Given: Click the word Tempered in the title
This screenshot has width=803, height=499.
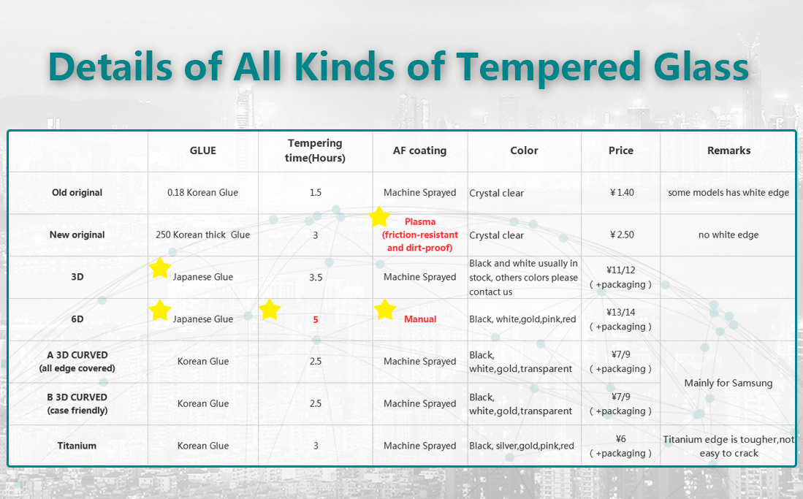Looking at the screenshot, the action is coord(548,67).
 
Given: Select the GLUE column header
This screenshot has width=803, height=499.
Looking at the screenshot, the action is coord(203,151).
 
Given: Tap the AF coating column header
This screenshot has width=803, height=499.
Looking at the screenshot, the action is coord(419,151).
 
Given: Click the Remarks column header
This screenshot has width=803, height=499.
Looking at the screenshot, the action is coord(728,151).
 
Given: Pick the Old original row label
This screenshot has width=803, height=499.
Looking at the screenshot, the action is coord(77,193).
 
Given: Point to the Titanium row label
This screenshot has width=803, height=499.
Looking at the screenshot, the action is coord(77,446).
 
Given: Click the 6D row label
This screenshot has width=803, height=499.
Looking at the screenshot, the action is coord(77,319).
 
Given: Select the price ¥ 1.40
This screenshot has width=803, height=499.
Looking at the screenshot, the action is coord(622,193).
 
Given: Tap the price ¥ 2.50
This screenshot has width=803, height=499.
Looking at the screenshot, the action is coord(622,235).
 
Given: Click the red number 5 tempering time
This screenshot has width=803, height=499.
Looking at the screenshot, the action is coord(316,320).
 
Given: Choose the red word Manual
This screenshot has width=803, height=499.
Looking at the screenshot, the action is coord(420,319).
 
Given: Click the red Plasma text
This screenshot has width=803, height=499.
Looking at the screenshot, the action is coord(420,222).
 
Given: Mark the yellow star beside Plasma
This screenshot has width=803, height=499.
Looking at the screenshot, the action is coord(379,217).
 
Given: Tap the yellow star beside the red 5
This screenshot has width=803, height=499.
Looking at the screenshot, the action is coord(270,310).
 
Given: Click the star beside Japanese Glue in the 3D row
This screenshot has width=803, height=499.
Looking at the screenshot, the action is coord(160,268).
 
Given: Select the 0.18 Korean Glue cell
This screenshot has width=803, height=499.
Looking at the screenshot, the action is coord(203,193).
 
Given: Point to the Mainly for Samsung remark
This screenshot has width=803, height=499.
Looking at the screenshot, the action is coord(728,384).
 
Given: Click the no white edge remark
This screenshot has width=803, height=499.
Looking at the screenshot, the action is coord(728,235).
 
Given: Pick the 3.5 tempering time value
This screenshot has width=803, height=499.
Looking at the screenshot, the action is coord(316,277).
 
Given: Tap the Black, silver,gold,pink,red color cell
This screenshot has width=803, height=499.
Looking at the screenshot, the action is coord(522,446).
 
